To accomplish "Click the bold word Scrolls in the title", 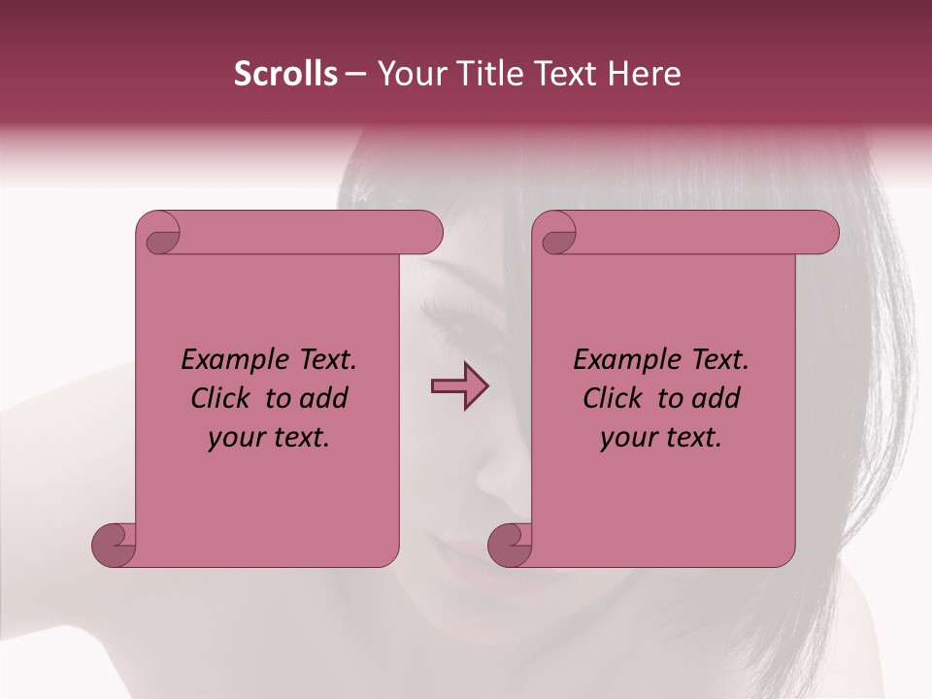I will pos(286,74).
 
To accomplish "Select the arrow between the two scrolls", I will pos(459,386).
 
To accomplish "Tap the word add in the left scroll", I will pos(323,398).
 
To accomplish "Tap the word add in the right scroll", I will pos(716,398).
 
